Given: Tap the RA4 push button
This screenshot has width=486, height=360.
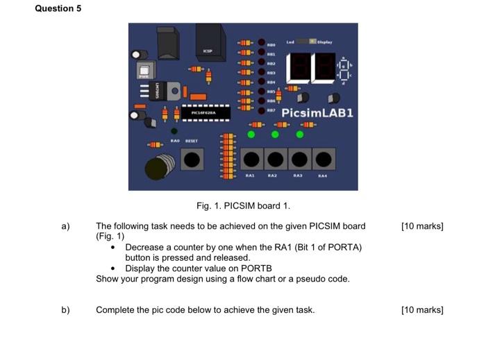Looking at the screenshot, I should point(323,160).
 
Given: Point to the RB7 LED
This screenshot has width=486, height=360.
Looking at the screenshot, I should point(260,109).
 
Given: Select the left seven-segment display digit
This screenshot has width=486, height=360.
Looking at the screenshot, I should point(301,67).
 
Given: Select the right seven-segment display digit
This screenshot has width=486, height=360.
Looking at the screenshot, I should point(324,67).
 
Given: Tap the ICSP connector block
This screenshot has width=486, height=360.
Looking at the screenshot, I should point(209,42).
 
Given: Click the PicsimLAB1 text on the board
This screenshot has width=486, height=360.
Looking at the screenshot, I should point(317,112).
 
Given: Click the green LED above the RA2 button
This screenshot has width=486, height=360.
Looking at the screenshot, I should point(275,134).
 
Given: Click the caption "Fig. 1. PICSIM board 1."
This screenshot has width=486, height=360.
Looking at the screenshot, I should point(243,205).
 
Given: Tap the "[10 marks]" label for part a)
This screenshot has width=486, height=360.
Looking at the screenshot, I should point(422,226).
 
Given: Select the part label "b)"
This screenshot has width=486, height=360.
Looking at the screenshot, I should point(66,309).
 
